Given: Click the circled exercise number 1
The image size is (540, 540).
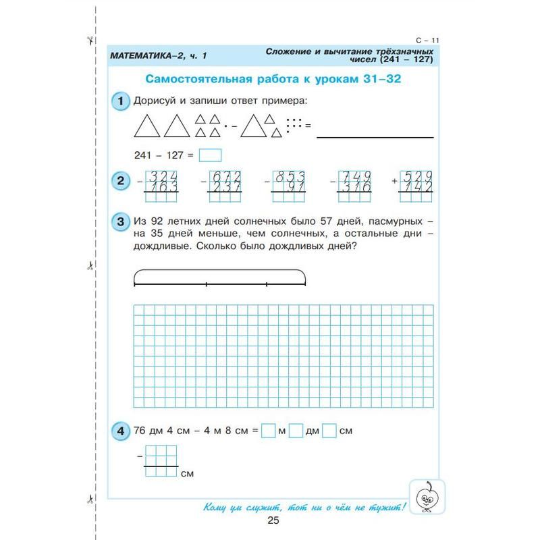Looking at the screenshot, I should click(120, 101).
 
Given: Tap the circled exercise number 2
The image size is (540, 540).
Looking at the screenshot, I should click(120, 182).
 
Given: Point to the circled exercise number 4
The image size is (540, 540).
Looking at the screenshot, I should click(120, 430).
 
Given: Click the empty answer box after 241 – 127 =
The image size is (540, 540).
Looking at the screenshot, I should click(211, 155).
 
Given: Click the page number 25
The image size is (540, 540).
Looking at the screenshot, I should click(273, 520).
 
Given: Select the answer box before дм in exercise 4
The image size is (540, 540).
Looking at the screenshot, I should click(296, 430).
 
